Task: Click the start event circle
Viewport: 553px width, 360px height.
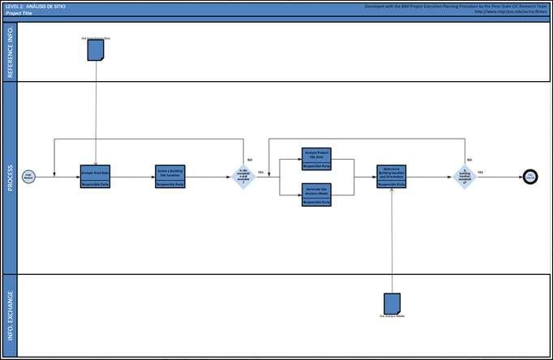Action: coord(28,176)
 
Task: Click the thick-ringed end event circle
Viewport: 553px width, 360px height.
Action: coord(530,176)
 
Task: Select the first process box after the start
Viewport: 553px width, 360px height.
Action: coord(96,176)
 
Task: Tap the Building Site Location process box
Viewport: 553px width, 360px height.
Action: coord(170,176)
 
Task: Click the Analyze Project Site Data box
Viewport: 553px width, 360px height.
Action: coord(315,157)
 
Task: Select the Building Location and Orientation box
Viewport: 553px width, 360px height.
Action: coord(391,176)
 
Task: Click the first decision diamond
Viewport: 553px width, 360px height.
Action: coord(243,176)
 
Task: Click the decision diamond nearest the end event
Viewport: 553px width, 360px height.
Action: coord(465,176)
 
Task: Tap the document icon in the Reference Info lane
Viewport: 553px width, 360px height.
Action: coord(96,50)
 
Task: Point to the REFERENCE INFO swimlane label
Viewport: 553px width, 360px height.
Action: coord(9,52)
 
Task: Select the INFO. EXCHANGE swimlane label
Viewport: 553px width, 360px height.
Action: coord(9,315)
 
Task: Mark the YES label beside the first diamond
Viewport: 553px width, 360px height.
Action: coord(261,173)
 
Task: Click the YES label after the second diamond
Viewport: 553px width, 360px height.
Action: coord(481,172)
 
